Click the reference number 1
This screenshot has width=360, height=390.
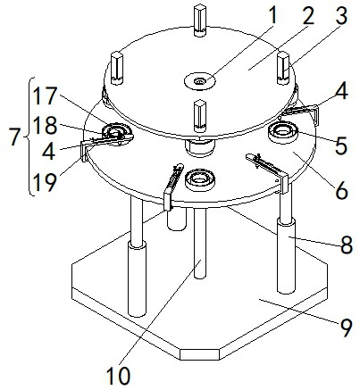pos(272,15)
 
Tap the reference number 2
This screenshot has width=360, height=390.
pos(308,15)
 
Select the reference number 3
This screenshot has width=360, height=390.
pos(340,15)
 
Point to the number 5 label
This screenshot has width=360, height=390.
pos(340,145)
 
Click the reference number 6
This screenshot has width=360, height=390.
pos(341,190)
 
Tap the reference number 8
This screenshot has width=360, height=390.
pos(347,245)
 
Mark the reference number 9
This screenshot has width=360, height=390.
pos(347,328)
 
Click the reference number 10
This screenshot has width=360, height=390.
pos(119,376)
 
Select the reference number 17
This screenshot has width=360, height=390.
pos(45,96)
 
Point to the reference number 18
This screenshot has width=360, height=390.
pos(45,125)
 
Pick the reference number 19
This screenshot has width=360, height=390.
pos(45,182)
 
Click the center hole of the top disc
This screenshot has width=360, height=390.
pos(199,81)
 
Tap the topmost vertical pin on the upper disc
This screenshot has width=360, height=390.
pos(200,21)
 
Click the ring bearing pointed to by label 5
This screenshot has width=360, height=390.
pos(283,133)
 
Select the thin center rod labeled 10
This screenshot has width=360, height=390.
pos(200,244)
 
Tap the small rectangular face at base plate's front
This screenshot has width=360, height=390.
pos(199,354)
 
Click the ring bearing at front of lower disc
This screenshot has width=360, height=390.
pos(200,180)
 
